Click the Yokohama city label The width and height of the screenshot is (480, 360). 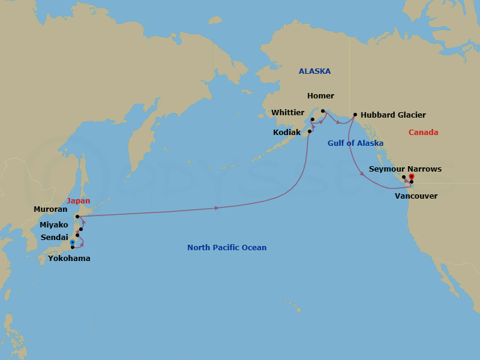(x=69, y=259)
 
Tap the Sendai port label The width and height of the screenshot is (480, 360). (x=55, y=238)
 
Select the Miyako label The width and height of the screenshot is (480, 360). (x=54, y=224)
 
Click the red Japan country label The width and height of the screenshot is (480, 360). (x=78, y=201)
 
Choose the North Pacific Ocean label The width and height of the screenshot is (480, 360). (x=227, y=248)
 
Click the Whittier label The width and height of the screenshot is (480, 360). (x=288, y=112)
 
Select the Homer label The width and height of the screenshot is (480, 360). (x=320, y=96)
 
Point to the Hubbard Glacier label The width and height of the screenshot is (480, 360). (x=393, y=115)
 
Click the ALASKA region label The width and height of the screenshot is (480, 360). (x=314, y=71)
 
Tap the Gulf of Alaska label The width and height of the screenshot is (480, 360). (x=355, y=143)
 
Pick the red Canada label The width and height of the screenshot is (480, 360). (x=423, y=133)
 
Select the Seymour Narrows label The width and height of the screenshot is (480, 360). (x=405, y=169)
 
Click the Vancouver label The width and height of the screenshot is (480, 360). (x=416, y=196)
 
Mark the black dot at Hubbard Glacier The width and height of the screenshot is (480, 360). (x=355, y=115)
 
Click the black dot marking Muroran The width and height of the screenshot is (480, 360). (x=77, y=217)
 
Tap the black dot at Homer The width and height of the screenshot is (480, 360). (x=323, y=110)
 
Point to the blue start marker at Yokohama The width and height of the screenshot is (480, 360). (x=72, y=243)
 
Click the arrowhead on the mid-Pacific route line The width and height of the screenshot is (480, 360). (x=216, y=208)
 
